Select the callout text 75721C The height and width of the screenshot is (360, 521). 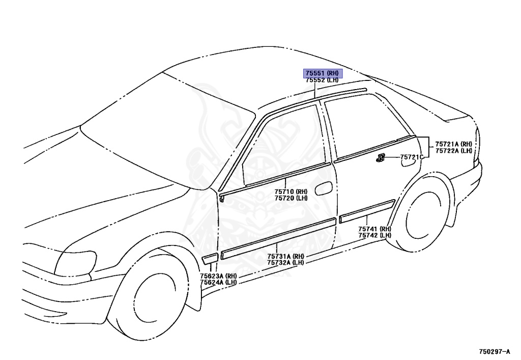click(412, 157)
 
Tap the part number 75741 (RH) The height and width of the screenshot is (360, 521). click(374, 229)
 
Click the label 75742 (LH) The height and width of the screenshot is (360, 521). click(374, 235)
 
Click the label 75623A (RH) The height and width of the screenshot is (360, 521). click(218, 275)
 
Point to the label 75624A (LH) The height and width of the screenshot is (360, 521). click(218, 282)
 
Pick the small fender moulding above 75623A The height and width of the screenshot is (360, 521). click(209, 259)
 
